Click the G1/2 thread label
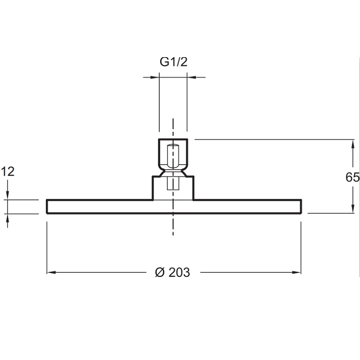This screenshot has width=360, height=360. pyautogui.click(x=174, y=62)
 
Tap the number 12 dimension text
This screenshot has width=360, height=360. pyautogui.click(x=8, y=171)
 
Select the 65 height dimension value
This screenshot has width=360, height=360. pyautogui.click(x=352, y=177)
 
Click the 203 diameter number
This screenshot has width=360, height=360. pyautogui.click(x=179, y=273)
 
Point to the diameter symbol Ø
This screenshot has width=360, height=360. pyautogui.click(x=160, y=273)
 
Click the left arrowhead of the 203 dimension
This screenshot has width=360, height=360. pyautogui.click(x=51, y=273)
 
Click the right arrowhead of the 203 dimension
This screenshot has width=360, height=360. pyautogui.click(x=297, y=273)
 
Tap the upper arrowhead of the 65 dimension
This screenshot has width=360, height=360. pyautogui.click(x=353, y=144)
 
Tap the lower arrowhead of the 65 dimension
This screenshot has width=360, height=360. pyautogui.click(x=353, y=208)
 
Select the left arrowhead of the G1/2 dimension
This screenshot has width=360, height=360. pyautogui.click(x=155, y=77)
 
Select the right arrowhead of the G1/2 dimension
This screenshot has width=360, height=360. pyautogui.click(x=192, y=77)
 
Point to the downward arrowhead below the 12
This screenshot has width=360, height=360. pyautogui.click(x=8, y=195)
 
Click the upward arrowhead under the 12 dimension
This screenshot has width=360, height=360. pyautogui.click(x=8, y=219)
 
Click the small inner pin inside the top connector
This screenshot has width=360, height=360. pyautogui.click(x=173, y=156)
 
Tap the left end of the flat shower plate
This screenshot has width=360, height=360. pyautogui.click(x=47, y=207)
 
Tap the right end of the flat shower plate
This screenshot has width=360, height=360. pyautogui.click(x=301, y=207)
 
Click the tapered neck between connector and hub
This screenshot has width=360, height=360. pyautogui.click(x=173, y=173)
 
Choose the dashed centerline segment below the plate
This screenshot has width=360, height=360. pyautogui.click(x=173, y=225)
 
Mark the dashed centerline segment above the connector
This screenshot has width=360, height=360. pyautogui.click(x=173, y=129)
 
